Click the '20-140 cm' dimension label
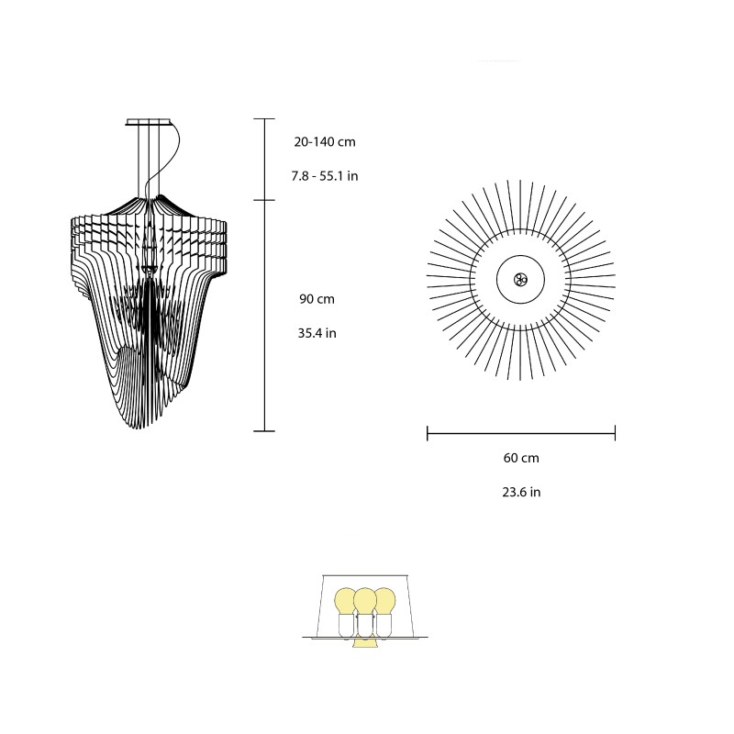[x=326, y=142]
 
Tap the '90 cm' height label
[x=316, y=299]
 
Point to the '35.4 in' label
[x=317, y=333]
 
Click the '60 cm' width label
[x=520, y=457]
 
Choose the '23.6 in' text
[x=520, y=492]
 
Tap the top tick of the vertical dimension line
[x=264, y=119]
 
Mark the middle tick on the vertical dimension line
[x=264, y=200]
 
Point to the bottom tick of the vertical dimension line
[x=264, y=430]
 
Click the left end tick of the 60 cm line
[x=428, y=432]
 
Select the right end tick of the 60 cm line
[x=615, y=432]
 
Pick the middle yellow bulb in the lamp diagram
[x=365, y=601]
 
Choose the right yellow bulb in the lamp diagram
[x=384, y=601]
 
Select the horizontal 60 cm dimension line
[x=520, y=432]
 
